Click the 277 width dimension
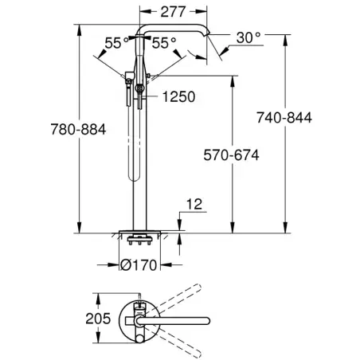click(x=173, y=12)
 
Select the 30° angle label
click(x=248, y=37)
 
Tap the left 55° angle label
click(x=117, y=43)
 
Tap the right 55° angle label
click(x=164, y=43)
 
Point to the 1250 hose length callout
click(x=178, y=96)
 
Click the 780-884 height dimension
click(x=78, y=129)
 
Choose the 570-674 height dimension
click(x=231, y=155)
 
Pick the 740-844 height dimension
click(x=284, y=118)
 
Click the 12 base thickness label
click(x=194, y=204)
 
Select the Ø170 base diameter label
click(x=139, y=265)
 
